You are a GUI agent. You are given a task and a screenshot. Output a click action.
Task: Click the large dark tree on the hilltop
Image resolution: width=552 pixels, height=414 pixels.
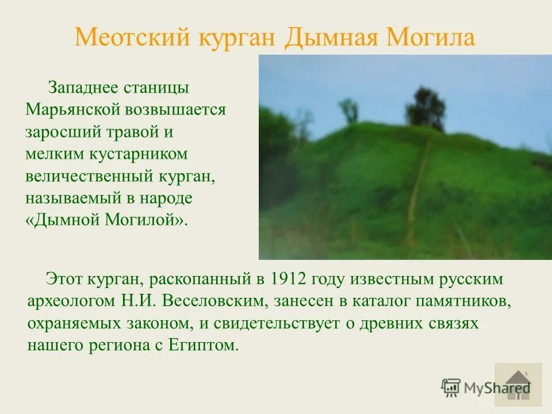425,108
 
